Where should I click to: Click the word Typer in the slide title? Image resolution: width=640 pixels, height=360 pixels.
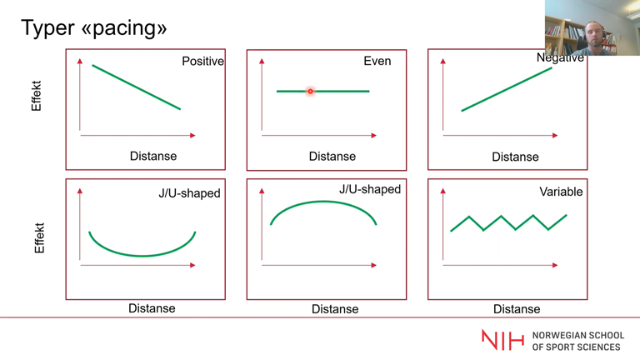click(x=47, y=28)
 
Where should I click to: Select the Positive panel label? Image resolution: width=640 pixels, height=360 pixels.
click(x=202, y=61)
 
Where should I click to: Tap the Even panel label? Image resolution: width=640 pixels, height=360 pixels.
click(x=377, y=61)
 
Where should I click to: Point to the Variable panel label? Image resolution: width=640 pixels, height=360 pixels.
click(x=561, y=192)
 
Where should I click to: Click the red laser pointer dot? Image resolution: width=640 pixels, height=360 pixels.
click(x=310, y=92)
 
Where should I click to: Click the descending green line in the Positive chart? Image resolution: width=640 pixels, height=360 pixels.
click(x=137, y=87)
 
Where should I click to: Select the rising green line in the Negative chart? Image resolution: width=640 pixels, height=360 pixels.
click(x=507, y=89)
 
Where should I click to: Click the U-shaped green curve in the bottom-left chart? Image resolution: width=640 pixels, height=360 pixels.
click(x=142, y=256)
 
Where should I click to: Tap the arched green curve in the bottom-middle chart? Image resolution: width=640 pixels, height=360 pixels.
click(x=323, y=202)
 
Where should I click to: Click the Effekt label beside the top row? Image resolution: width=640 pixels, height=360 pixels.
click(x=37, y=96)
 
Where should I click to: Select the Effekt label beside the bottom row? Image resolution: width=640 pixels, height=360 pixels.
click(x=39, y=238)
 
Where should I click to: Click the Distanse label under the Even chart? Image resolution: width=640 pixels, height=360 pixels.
click(x=332, y=157)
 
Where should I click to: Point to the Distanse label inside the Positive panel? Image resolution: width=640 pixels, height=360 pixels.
click(x=153, y=156)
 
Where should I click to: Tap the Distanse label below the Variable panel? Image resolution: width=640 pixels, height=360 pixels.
click(x=517, y=309)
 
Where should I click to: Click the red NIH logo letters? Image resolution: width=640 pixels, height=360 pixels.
click(x=502, y=340)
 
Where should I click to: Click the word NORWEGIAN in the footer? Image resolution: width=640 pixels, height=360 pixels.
click(x=558, y=336)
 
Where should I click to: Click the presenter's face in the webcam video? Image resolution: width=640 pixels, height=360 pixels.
click(x=593, y=36)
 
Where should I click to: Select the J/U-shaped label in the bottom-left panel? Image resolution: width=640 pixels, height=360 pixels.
click(x=189, y=193)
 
